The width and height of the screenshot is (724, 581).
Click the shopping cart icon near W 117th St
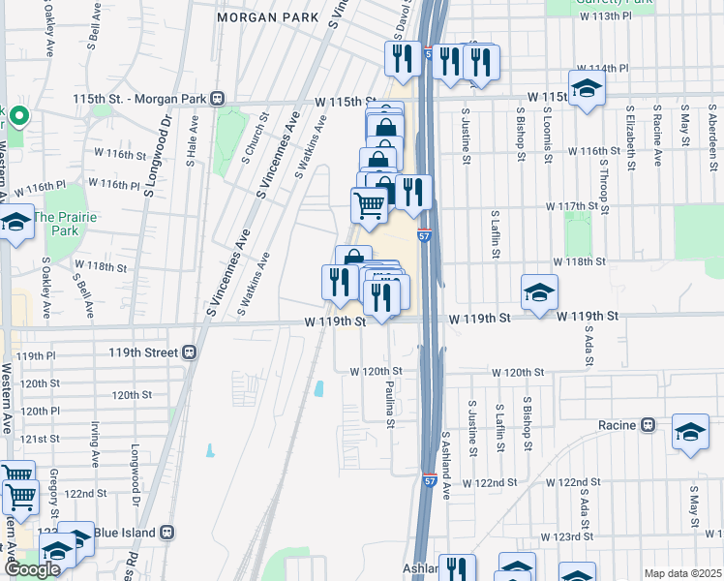pos(369,205)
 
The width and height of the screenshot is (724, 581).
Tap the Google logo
pos(31,569)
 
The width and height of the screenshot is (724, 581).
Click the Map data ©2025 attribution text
pos(682,573)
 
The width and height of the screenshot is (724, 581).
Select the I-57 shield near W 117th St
pos(425,235)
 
